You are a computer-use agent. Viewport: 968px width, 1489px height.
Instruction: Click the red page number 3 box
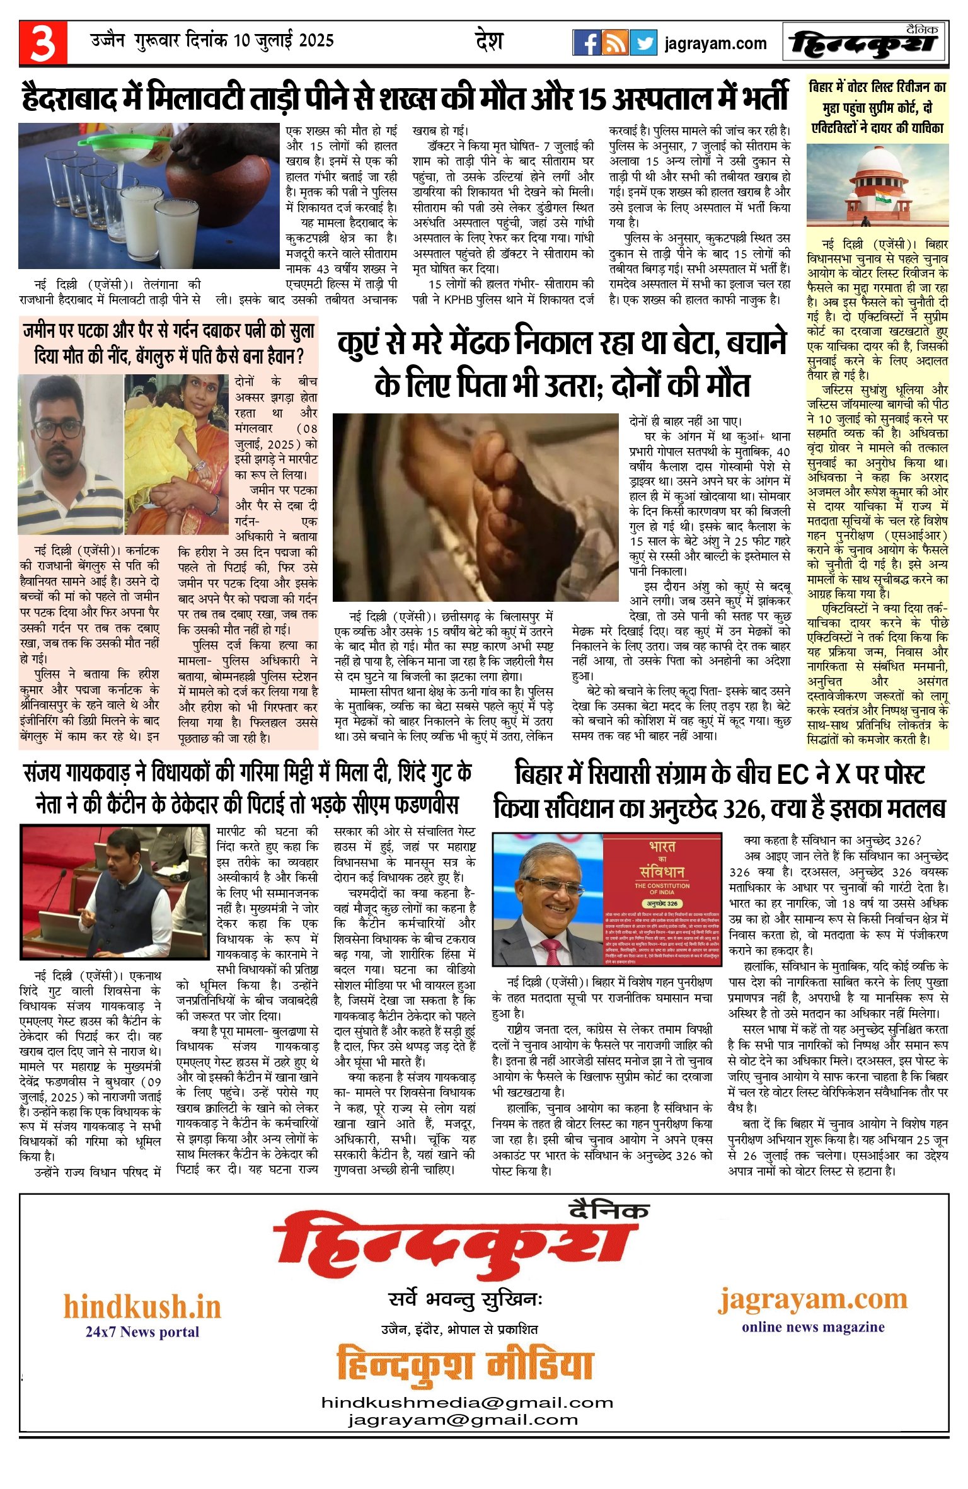[43, 43]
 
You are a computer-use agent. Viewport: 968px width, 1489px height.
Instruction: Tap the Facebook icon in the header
[586, 43]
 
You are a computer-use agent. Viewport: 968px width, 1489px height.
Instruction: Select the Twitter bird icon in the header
[643, 43]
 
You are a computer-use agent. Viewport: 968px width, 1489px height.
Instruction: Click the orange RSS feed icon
[615, 43]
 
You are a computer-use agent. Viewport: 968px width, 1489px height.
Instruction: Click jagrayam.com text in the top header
[715, 44]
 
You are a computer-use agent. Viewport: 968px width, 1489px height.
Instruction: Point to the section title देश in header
[489, 42]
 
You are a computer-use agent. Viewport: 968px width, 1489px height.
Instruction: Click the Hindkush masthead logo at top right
[865, 43]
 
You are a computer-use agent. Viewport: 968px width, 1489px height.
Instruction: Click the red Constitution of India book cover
[662, 899]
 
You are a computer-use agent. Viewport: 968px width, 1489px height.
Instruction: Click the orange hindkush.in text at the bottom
[142, 1307]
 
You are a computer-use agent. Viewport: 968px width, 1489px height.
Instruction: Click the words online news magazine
[813, 1327]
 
